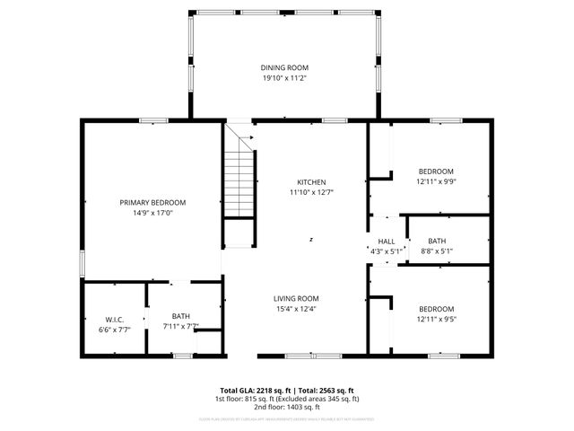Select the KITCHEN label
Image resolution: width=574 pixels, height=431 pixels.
[x=310, y=180]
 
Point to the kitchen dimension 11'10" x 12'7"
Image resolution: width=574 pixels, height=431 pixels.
[x=310, y=191]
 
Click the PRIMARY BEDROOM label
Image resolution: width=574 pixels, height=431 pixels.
[x=152, y=202]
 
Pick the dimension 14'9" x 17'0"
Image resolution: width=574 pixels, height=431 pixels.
[x=152, y=213]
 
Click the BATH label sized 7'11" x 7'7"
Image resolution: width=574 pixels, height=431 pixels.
[x=181, y=315]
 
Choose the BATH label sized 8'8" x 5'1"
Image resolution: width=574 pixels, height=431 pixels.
[x=437, y=241]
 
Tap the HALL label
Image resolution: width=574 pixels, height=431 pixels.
[x=387, y=241]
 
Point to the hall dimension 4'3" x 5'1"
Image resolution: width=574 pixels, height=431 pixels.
[x=387, y=251]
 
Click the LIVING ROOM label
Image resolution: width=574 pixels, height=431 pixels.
[x=296, y=298]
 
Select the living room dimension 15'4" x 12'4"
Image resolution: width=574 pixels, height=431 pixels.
[x=296, y=309]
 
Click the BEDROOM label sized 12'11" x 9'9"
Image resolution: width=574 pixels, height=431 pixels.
[x=436, y=171]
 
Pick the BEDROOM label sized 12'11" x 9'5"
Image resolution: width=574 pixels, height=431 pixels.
[x=436, y=308]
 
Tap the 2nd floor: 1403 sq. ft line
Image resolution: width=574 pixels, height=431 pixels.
[x=286, y=407]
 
